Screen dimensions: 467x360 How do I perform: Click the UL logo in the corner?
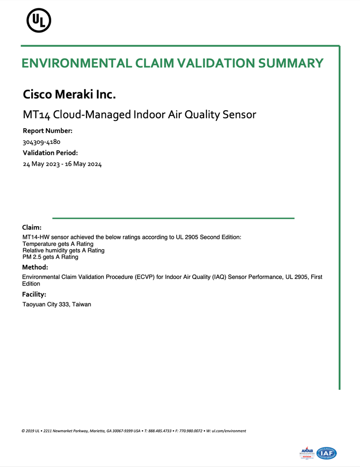[x=39, y=20]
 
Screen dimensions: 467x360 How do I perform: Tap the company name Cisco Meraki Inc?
[x=69, y=95]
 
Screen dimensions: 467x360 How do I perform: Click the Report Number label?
[x=47, y=131]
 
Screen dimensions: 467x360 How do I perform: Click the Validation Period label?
[x=50, y=153]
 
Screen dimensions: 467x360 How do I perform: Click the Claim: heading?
[x=32, y=228]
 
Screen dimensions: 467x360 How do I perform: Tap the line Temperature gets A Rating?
[x=58, y=244]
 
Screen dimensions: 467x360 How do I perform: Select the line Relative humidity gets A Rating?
[x=63, y=251]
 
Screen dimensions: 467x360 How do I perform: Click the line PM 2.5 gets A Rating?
[x=50, y=257]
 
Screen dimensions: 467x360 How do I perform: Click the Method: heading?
[x=35, y=267]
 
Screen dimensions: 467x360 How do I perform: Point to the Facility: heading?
[x=34, y=295]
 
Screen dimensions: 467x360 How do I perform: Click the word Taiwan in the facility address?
[x=81, y=304]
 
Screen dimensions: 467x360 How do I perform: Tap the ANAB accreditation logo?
[x=306, y=453]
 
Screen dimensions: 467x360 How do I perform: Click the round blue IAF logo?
[x=326, y=453]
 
